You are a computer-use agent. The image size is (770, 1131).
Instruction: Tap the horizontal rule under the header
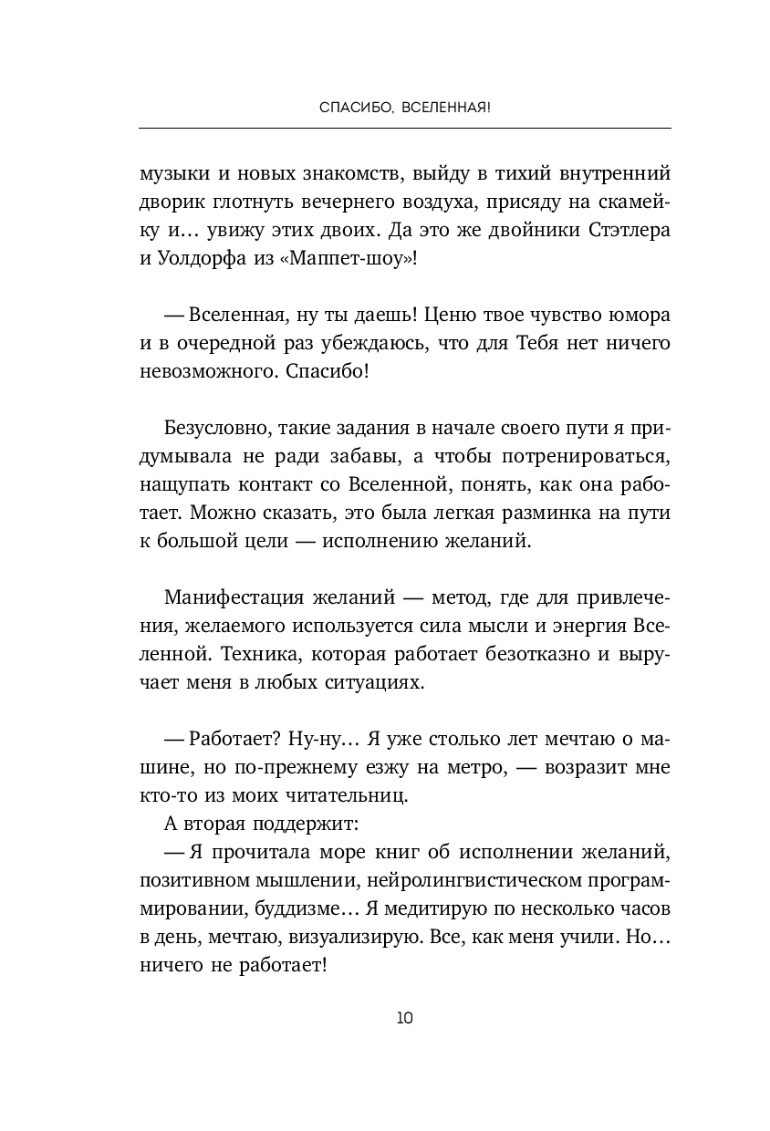pyautogui.click(x=404, y=128)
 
